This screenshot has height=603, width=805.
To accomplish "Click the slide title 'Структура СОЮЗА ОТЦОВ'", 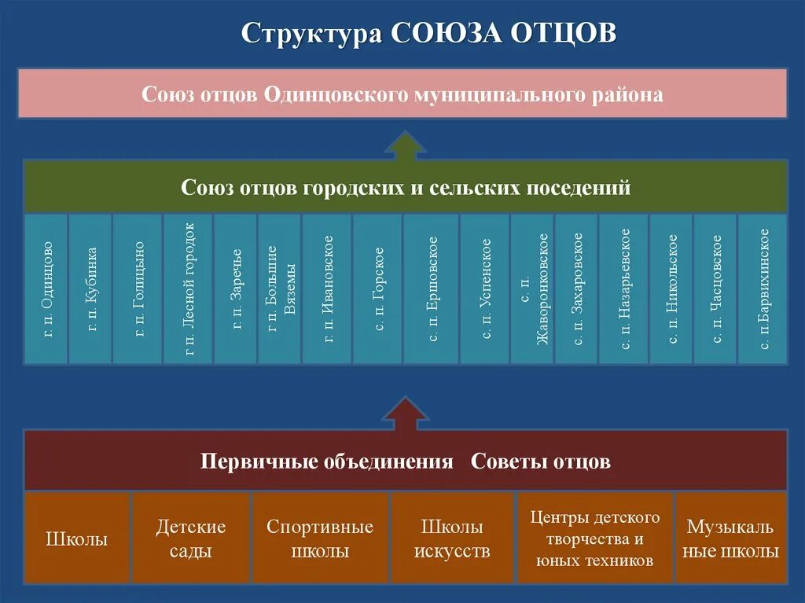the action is point(428,34).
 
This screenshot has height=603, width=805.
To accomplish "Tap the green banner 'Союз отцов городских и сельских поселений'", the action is point(405,188).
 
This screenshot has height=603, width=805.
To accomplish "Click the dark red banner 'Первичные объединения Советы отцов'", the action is point(405,461).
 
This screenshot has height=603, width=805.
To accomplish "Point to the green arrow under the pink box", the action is point(405,146).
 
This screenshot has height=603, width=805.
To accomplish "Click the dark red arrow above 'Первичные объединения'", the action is point(405,414).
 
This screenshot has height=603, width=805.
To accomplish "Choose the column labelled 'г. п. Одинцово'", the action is point(46,289).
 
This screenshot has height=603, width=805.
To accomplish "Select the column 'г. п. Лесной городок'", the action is point(188,289).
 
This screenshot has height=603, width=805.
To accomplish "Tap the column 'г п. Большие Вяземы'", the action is point(279,289).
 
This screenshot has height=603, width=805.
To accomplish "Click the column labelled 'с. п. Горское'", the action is point(377,289).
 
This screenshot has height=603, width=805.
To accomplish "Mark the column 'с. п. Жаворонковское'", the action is point(532,289).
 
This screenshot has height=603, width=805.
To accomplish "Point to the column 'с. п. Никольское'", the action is point(671,289).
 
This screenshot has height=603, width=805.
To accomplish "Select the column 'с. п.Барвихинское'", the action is point(763,289).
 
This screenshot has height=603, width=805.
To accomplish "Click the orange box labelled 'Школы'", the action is point(77,538).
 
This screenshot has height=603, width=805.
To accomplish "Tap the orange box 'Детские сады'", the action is point(190,538).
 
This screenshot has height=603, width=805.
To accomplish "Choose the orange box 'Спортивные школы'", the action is point(320,538).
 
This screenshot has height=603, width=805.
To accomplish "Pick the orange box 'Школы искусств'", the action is point(452,538).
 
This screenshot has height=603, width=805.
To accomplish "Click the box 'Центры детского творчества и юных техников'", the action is point(594,538).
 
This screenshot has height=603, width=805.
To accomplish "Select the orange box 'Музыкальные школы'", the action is point(731,538).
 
